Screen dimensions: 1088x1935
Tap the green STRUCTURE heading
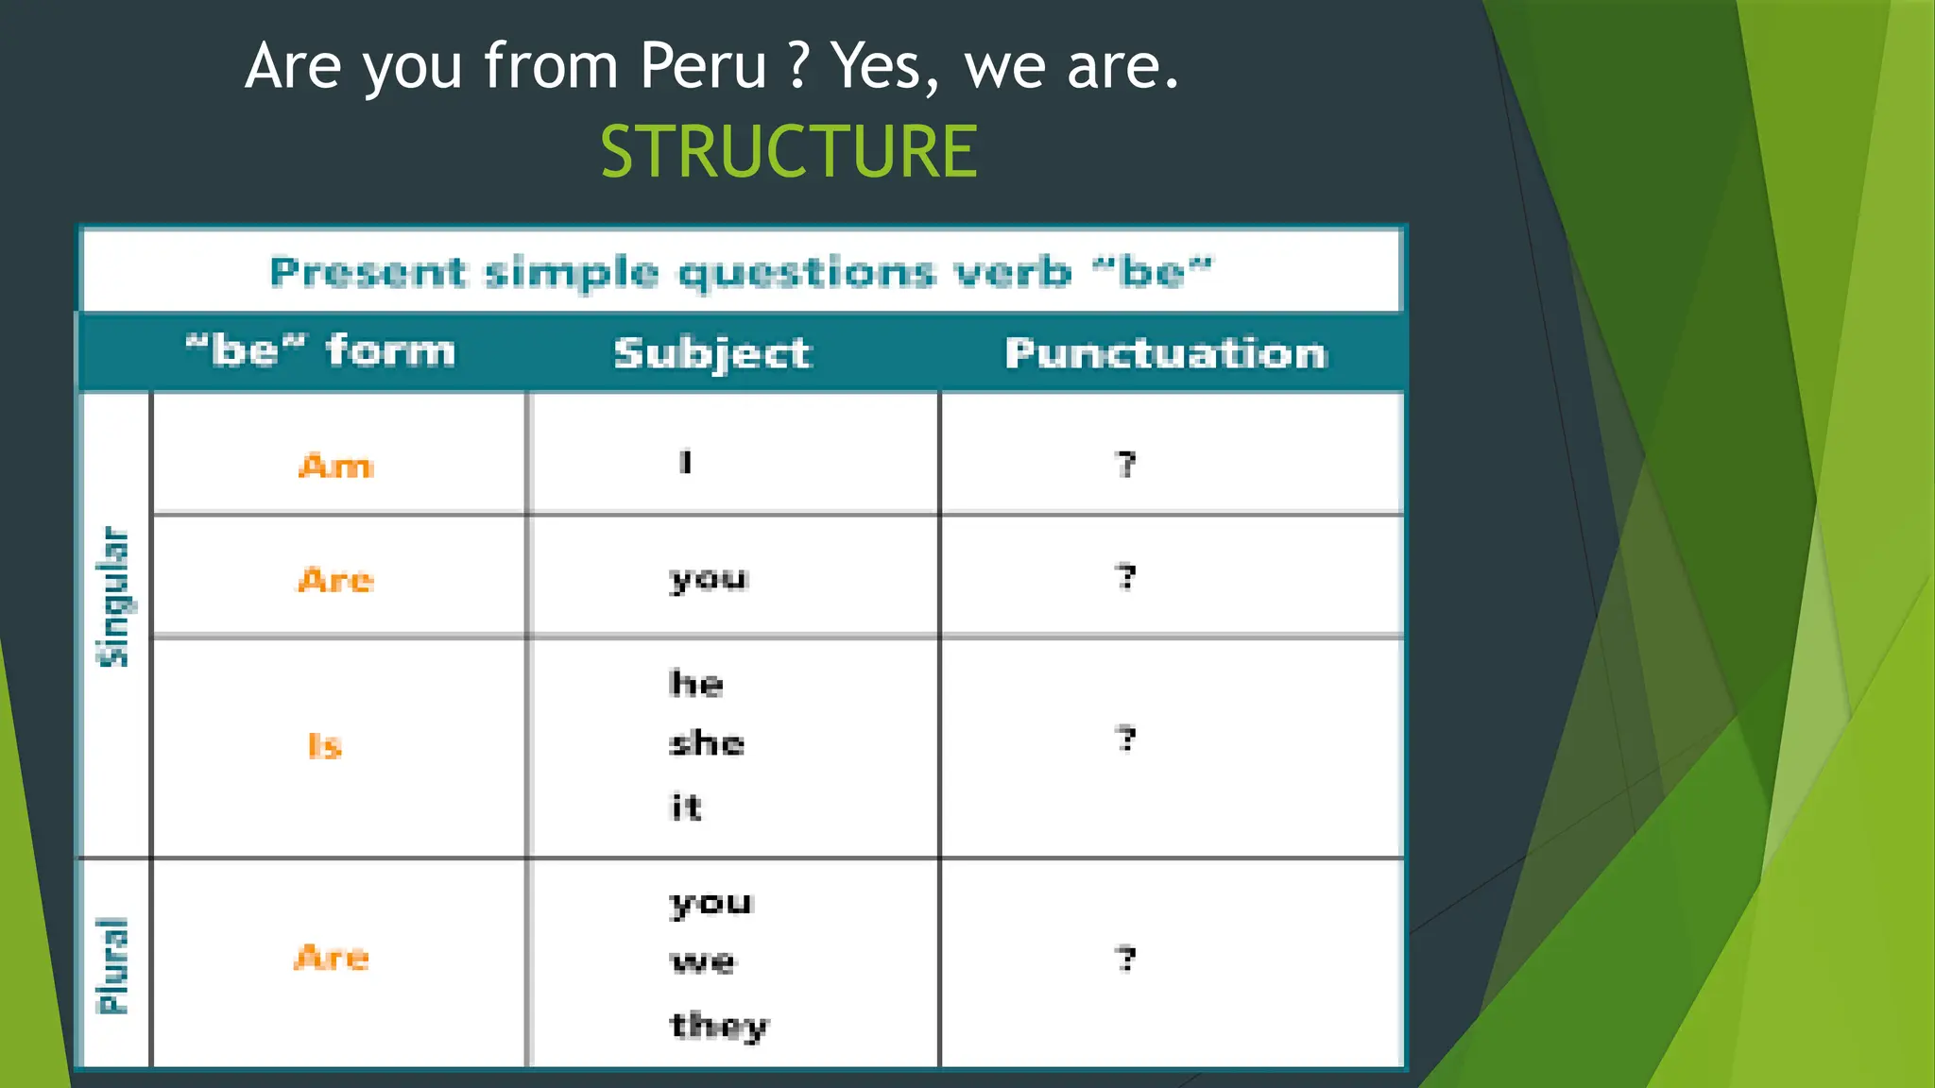[789, 151]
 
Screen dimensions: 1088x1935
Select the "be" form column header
[320, 351]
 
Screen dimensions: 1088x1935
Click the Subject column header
[712, 353]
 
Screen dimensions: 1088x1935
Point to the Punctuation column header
[1166, 353]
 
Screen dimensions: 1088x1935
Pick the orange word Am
[336, 466]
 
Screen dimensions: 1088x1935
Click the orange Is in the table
[325, 746]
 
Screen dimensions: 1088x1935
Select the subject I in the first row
[686, 462]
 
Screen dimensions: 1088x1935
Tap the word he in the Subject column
[696, 683]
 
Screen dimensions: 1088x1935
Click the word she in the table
[707, 743]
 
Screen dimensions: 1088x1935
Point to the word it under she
[686, 807]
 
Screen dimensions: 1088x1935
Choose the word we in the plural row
[703, 962]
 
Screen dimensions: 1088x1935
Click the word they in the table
[719, 1026]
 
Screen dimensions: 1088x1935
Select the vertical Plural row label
[113, 965]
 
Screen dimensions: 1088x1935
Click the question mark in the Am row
[1125, 464]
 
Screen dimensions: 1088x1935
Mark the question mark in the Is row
[1125, 739]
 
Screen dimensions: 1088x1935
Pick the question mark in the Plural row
[1125, 960]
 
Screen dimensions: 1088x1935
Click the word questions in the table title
[807, 274]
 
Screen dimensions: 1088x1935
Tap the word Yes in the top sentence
[884, 66]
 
